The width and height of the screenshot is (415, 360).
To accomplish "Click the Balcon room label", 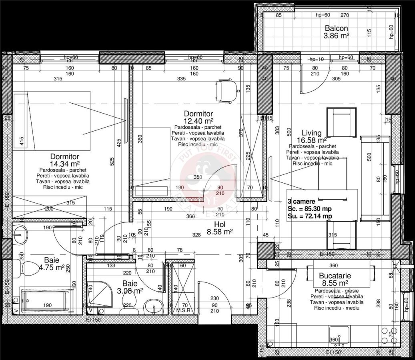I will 336,29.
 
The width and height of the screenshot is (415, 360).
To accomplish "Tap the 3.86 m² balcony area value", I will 336,36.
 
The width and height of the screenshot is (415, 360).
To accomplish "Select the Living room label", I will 312,133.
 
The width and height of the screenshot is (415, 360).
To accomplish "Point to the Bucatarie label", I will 335,276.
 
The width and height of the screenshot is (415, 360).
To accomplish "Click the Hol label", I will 220,224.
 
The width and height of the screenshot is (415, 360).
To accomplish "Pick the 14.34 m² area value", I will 64,164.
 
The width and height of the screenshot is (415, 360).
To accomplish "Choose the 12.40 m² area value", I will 198,120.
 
